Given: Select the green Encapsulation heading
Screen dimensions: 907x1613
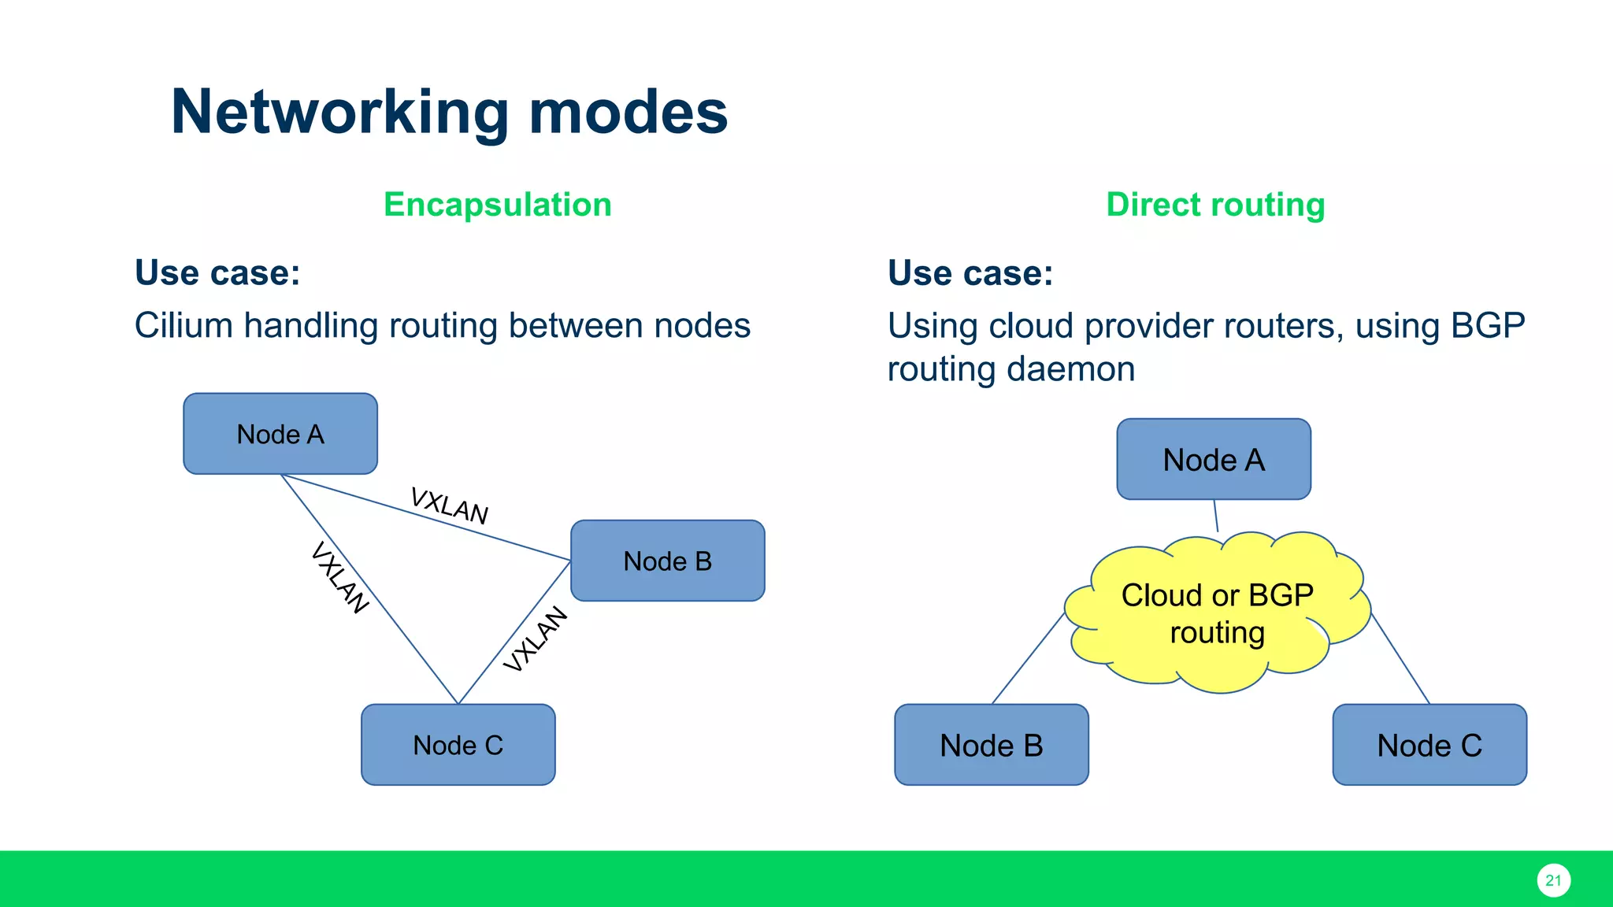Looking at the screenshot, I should point(497,205).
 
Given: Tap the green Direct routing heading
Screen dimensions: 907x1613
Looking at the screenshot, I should point(1215,205).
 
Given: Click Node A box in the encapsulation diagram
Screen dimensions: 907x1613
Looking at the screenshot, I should point(280,434).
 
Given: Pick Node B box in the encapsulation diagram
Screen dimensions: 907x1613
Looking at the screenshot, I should point(667,561).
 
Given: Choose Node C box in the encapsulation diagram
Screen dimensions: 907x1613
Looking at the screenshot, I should point(458,745).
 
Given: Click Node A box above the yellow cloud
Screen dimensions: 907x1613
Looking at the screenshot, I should point(1214,459).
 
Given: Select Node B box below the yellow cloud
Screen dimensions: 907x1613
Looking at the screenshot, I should point(992,745).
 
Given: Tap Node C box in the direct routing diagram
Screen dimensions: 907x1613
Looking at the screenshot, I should point(1429,745).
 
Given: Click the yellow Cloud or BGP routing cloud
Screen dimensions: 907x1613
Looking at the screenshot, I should point(1217,614).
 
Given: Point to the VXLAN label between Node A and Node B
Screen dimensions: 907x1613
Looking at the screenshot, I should point(450,505).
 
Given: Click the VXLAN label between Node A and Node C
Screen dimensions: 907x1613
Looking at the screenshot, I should point(339,577).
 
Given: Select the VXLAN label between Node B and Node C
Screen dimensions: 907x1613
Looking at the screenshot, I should point(536,639).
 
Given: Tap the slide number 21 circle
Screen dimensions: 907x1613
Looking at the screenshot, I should point(1553,880).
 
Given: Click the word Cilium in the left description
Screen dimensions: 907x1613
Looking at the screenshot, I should point(183,325).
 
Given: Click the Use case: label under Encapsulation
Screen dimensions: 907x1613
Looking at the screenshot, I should point(217,273).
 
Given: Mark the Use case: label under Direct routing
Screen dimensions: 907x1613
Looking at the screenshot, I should point(970,273).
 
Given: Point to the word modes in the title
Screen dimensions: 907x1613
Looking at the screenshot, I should point(628,113).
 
